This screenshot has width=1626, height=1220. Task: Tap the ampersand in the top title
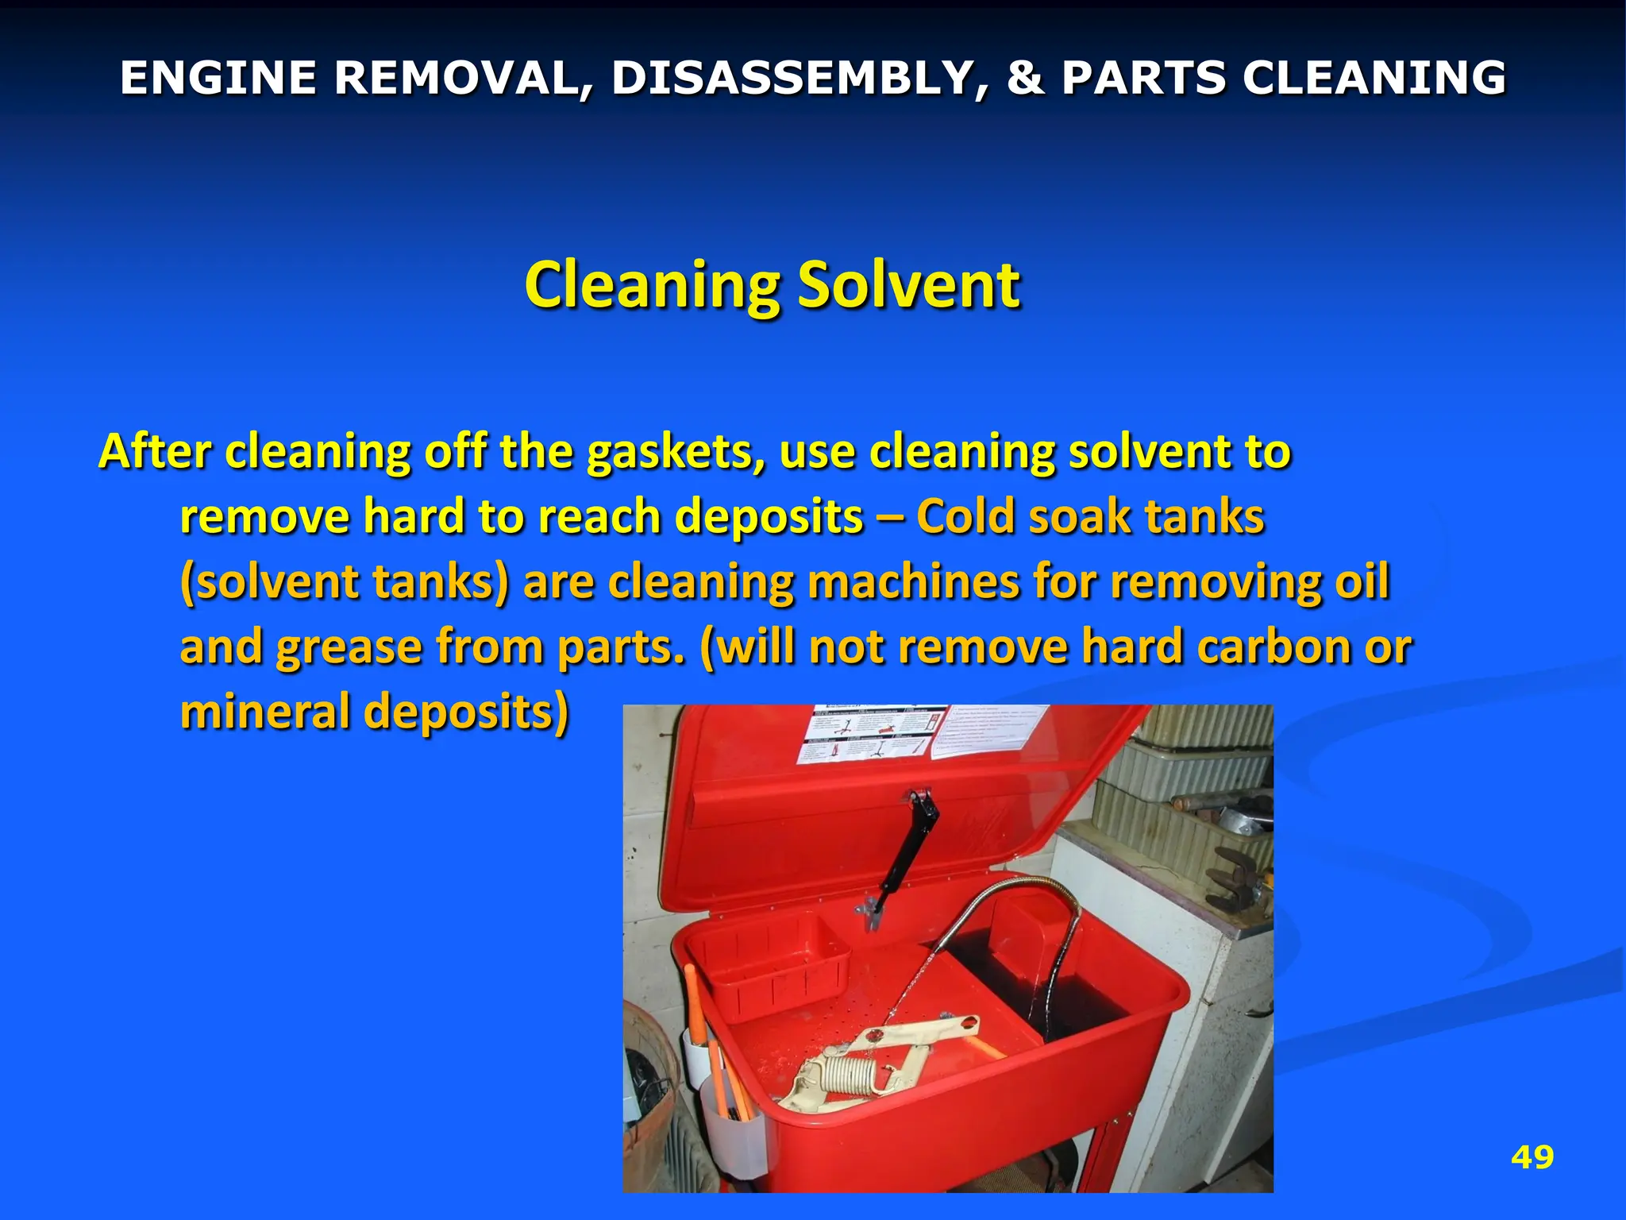(x=1024, y=78)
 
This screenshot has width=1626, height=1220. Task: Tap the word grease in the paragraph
(x=348, y=647)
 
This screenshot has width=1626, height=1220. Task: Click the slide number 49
(x=1532, y=1157)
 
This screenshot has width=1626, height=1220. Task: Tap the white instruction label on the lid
(x=873, y=735)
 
